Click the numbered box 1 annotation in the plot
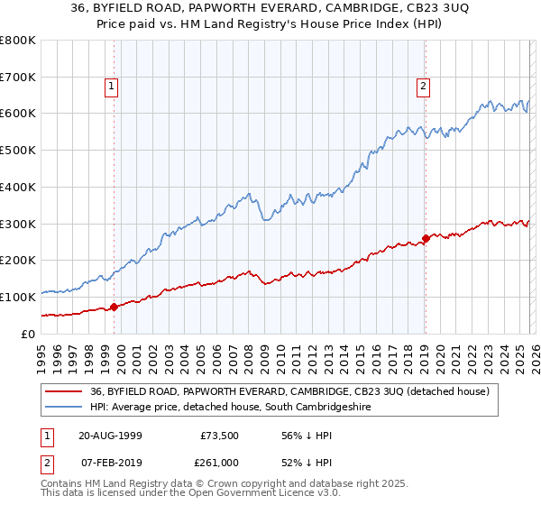coord(111,87)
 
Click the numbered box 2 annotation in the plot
coord(423,87)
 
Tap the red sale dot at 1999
coord(115,307)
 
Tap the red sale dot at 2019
coord(426,238)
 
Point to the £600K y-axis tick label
coord(18,114)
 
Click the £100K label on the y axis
coord(18,297)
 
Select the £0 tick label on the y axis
coord(29,334)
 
